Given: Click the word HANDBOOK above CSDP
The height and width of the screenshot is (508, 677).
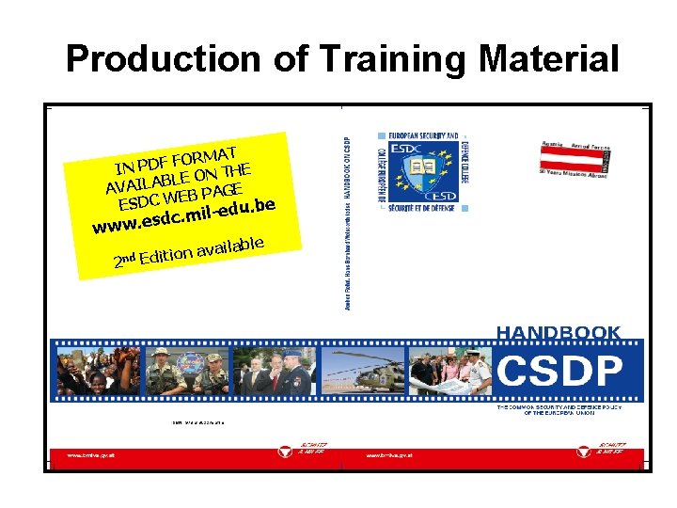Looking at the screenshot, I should (x=559, y=332).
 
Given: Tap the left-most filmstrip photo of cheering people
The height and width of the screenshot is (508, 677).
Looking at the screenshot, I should (x=86, y=371).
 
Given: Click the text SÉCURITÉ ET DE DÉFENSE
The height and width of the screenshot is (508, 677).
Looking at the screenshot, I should (x=422, y=208).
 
